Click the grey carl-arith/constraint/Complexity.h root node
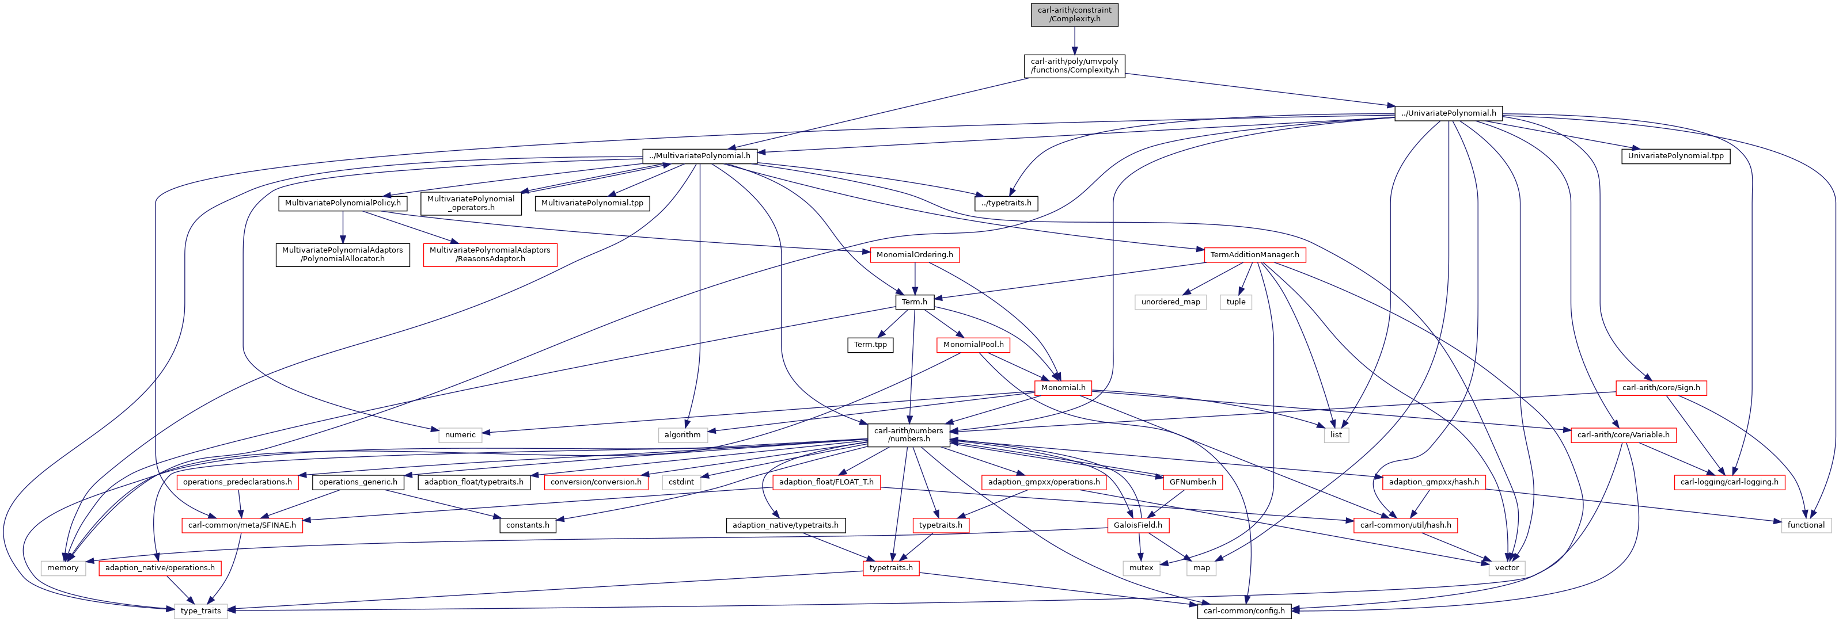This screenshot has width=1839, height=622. click(1074, 14)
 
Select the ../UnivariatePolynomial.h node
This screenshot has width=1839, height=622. click(1449, 113)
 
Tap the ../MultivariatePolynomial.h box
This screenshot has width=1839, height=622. click(700, 155)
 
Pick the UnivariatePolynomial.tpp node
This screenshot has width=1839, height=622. click(1675, 155)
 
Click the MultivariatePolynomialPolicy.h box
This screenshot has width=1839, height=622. click(343, 203)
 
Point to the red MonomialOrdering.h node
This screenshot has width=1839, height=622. click(915, 255)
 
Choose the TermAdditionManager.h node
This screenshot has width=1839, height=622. click(1254, 255)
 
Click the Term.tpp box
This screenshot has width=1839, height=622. click(870, 345)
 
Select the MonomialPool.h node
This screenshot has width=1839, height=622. click(973, 345)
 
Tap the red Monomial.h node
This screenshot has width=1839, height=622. click(1063, 388)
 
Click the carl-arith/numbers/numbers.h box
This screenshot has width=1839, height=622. click(909, 435)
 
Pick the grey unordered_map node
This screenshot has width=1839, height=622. click(1171, 302)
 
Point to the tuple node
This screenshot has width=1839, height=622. click(1236, 302)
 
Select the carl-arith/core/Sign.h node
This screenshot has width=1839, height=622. click(1661, 388)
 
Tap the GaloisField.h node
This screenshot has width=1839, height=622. click(1138, 525)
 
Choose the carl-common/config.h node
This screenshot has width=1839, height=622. click(1244, 610)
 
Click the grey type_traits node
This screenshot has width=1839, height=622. click(200, 610)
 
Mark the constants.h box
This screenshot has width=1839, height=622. click(528, 525)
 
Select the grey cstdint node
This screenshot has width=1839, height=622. click(681, 482)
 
